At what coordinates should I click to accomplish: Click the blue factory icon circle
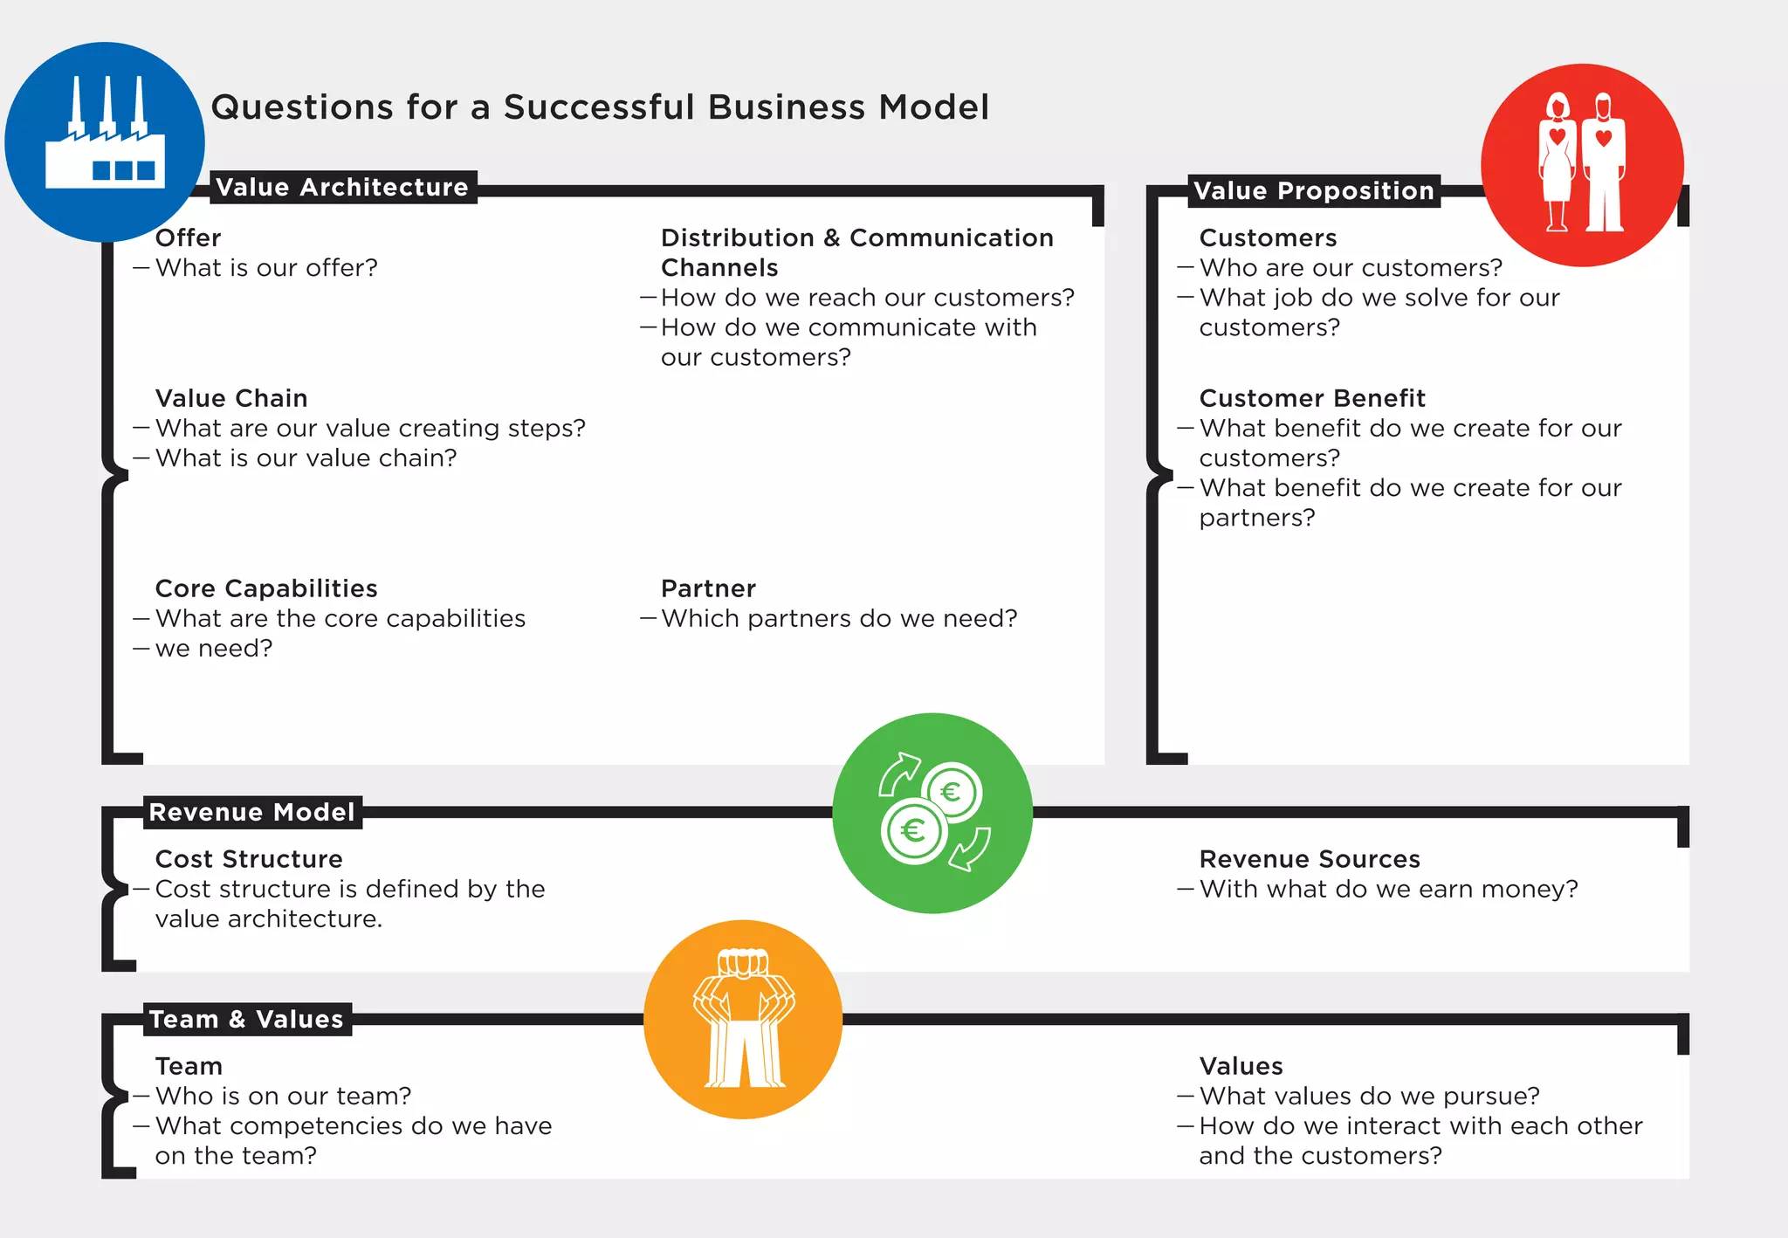pos(105,142)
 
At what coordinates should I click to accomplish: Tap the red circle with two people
pos(1582,165)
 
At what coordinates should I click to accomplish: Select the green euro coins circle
pos(932,813)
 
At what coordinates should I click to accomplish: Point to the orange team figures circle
pos(743,1019)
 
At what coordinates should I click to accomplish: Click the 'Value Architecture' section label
pos(342,187)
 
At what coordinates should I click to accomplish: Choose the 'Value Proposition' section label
pos(1313,190)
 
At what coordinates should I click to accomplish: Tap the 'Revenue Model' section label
pos(251,812)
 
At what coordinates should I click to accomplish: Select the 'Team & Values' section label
pos(246,1019)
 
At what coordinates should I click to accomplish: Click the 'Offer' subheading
pos(188,237)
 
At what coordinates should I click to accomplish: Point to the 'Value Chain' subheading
pos(231,398)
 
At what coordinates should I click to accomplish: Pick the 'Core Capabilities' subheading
pos(266,588)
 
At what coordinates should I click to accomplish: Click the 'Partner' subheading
pos(708,588)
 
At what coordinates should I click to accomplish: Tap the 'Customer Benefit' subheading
pos(1311,398)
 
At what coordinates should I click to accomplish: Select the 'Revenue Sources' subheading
pos(1309,859)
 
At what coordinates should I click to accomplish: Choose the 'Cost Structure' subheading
pos(249,859)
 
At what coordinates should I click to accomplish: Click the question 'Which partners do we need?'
pos(839,618)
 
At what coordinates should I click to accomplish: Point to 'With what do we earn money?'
pos(1388,889)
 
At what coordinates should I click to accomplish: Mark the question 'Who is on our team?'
pos(283,1096)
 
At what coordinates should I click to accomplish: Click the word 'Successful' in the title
pos(599,107)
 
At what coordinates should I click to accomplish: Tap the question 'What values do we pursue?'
pos(1369,1096)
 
